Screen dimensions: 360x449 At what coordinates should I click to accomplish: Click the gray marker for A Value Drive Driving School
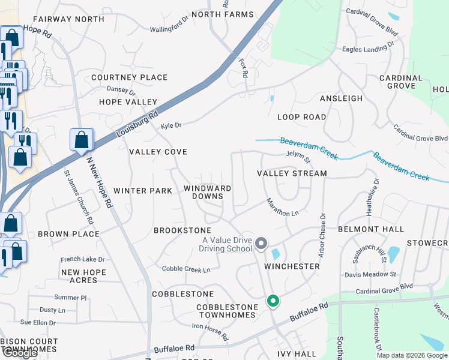[261, 243]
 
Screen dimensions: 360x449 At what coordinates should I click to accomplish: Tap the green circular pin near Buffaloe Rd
[273, 301]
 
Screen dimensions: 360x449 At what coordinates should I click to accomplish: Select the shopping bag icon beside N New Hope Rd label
[81, 141]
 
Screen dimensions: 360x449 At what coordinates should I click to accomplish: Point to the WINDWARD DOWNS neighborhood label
[207, 193]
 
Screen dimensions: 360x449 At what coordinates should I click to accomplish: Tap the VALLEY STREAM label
[292, 173]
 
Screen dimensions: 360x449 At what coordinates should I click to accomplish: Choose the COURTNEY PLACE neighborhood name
[129, 77]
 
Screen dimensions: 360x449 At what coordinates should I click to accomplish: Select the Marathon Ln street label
[282, 207]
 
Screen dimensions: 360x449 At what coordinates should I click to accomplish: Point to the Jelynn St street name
[298, 158]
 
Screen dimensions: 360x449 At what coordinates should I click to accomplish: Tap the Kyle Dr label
[171, 125]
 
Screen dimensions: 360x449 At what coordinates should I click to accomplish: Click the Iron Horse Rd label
[210, 332]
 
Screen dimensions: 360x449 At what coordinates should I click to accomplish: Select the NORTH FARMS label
[215, 14]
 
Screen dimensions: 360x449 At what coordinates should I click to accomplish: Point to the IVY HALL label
[297, 354]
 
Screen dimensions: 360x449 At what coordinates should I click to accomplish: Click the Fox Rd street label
[243, 68]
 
